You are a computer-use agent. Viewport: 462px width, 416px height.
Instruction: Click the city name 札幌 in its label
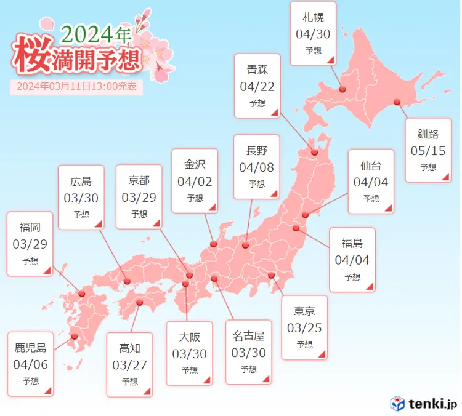313,17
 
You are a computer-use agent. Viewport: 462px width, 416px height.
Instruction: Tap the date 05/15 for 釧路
428,150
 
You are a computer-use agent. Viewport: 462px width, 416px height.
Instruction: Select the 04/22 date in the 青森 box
257,87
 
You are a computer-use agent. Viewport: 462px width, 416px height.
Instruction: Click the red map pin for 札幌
342,89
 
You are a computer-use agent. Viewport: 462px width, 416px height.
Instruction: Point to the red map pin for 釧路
397,102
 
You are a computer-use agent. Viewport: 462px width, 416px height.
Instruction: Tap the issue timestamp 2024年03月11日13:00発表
77,87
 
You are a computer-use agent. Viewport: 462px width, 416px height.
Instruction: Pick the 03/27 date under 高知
129,364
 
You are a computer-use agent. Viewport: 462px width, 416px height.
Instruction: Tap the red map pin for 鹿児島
75,336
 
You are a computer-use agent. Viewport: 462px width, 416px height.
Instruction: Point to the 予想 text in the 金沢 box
195,198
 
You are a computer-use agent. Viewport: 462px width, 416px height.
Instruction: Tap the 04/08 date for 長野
256,167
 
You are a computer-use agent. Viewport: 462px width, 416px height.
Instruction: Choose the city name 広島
81,181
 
